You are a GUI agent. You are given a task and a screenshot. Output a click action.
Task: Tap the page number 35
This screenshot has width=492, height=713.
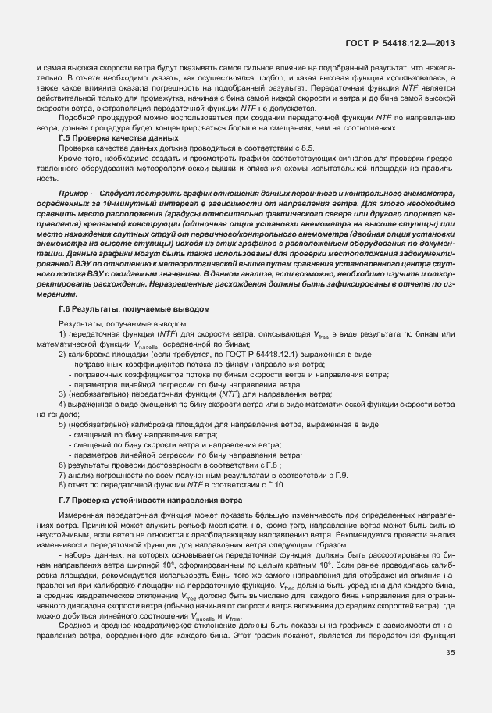coord(451,653)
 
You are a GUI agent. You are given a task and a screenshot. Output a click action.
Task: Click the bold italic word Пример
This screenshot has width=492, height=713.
coord(74,192)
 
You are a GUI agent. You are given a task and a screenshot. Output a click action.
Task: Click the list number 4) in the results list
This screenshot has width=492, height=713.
coord(62,407)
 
